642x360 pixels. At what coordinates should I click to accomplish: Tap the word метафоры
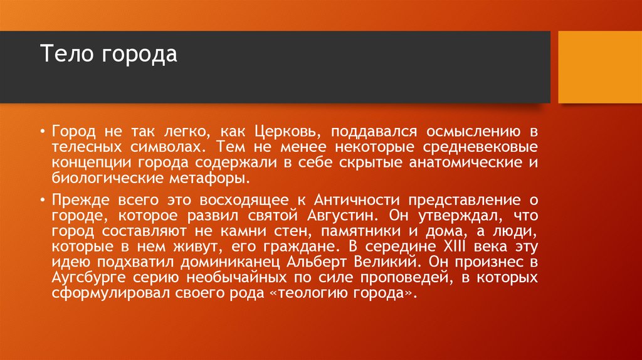click(x=212, y=178)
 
